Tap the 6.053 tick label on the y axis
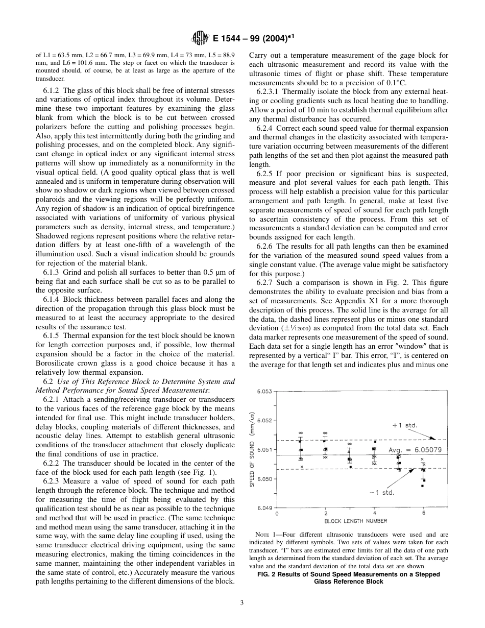265,392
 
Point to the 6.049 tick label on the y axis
265,508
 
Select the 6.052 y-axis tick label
265,421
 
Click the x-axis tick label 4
375,513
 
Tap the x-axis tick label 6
423,513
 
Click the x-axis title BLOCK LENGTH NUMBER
355,521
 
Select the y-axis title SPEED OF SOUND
252,450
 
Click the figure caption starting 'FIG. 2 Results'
348,578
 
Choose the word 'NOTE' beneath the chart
263,535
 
